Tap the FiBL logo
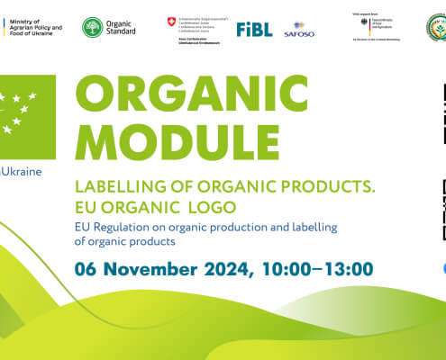(254, 29)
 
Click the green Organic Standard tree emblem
(92, 28)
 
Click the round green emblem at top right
(436, 27)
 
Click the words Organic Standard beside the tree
(121, 28)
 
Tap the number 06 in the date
(87, 243)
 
